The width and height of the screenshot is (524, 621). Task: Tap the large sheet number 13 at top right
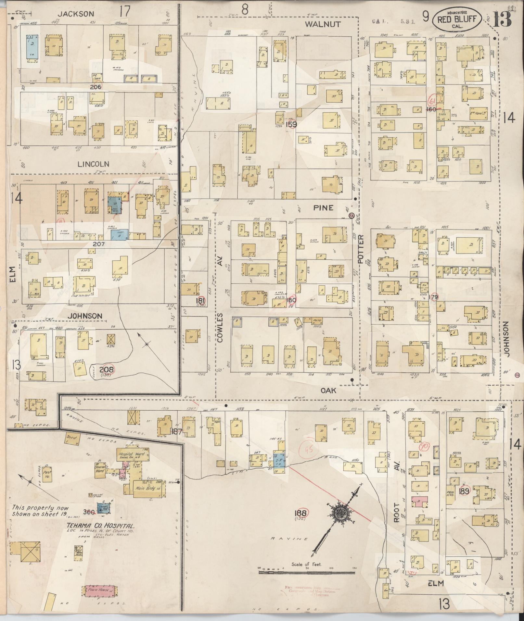[x=502, y=19]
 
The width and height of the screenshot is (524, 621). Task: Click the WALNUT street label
[x=323, y=24]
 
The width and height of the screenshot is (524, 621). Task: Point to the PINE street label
[x=323, y=208]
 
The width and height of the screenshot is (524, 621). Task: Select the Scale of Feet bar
[x=307, y=572]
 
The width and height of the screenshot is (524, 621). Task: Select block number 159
[x=291, y=124]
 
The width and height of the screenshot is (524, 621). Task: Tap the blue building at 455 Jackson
[x=32, y=47]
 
